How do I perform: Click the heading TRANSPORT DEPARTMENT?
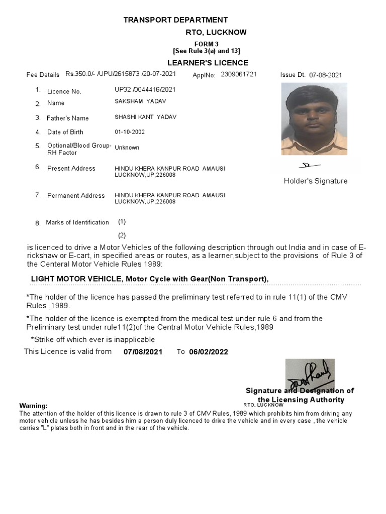176,20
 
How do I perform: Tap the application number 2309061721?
239,74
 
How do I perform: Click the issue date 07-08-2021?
325,75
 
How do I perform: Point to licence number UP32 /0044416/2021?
146,89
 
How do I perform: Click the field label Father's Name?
67,118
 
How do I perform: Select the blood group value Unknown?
127,148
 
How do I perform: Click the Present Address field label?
71,169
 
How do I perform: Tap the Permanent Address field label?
76,196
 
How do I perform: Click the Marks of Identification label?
77,222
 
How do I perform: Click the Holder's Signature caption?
315,181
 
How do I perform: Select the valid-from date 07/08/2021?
143,352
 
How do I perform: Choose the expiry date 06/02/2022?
209,352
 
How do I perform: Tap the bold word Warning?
33,406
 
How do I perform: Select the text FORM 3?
207,44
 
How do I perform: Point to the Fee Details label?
43,75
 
